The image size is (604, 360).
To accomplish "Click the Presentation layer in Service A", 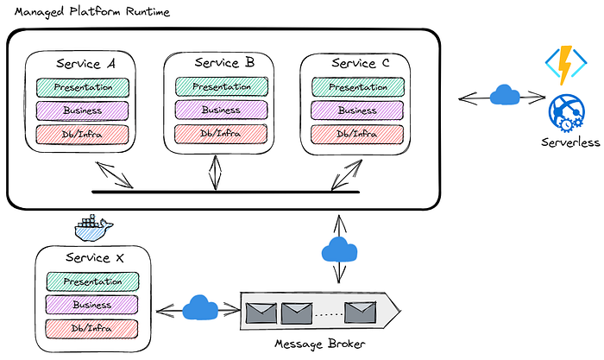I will point(83,86).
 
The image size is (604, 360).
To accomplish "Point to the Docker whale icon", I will point(94,226).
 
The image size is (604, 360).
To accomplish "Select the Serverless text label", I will point(570,142).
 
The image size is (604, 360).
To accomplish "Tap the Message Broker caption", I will point(319,344).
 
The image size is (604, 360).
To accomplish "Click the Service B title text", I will point(223,62).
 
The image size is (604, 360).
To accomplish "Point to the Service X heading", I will point(99,257).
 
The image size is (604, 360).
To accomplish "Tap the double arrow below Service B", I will point(214,172).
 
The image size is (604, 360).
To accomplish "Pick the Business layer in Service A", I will point(83,110).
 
